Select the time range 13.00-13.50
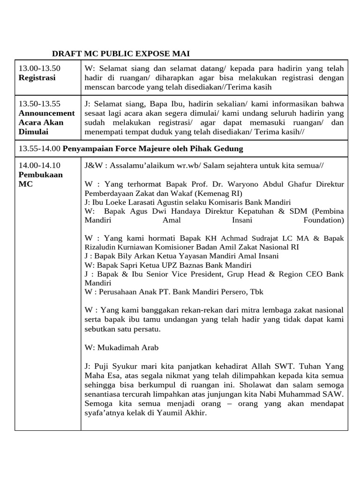(x=39, y=68)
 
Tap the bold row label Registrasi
(x=37, y=78)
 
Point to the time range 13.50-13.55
(x=39, y=104)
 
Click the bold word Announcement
(x=46, y=113)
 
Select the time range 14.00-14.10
(x=39, y=165)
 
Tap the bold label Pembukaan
(x=40, y=174)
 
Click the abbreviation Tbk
(x=256, y=292)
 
